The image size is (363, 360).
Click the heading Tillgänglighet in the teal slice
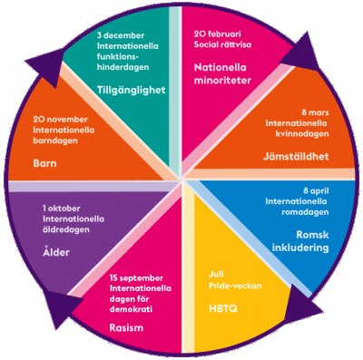pyautogui.click(x=132, y=90)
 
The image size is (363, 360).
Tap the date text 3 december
pyautogui.click(x=121, y=35)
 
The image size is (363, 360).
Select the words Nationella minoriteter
pyautogui.click(x=222, y=73)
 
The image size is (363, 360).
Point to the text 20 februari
pyautogui.click(x=218, y=34)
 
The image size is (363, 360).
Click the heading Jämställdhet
pyautogui.click(x=296, y=157)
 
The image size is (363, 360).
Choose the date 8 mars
pyautogui.click(x=315, y=112)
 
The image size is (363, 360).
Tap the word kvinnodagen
pyautogui.click(x=302, y=133)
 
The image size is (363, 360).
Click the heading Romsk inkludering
pyautogui.click(x=300, y=241)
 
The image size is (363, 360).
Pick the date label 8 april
pyautogui.click(x=316, y=191)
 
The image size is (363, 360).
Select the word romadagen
pyautogui.click(x=305, y=212)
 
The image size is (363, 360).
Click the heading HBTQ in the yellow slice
pyautogui.click(x=223, y=308)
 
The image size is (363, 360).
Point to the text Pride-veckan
pyautogui.click(x=235, y=286)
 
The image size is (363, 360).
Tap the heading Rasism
pyautogui.click(x=126, y=328)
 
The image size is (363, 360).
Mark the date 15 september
pyautogui.click(x=136, y=278)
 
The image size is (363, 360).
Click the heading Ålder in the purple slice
pyautogui.click(x=56, y=251)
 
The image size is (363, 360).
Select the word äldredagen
pyautogui.click(x=66, y=229)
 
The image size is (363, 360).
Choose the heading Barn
pyautogui.click(x=44, y=163)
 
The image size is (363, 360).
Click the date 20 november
pyautogui.click(x=61, y=120)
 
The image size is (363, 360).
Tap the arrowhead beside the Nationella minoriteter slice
pyautogui.click(x=301, y=52)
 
